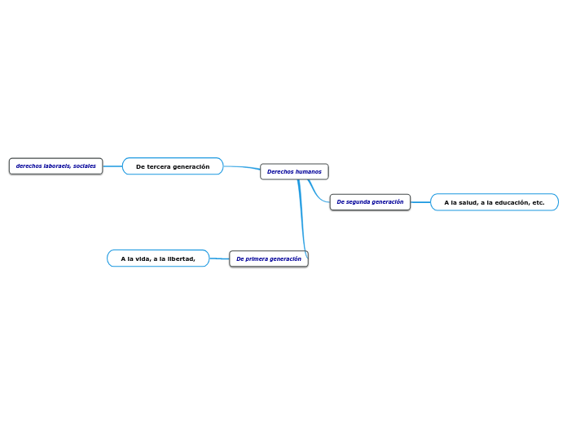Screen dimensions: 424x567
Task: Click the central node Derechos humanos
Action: pyautogui.click(x=294, y=171)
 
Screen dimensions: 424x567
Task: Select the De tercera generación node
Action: pyautogui.click(x=173, y=166)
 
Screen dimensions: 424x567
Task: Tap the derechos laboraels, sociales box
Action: pyautogui.click(x=55, y=166)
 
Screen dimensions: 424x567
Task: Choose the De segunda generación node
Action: pyautogui.click(x=370, y=202)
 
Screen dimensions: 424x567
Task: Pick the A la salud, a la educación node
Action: pyautogui.click(x=494, y=202)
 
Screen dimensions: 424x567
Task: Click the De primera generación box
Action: pyautogui.click(x=269, y=258)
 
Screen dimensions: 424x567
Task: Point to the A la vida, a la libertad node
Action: pyautogui.click(x=158, y=258)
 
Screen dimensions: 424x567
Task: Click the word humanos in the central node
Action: pyautogui.click(x=309, y=171)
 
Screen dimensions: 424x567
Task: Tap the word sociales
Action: pyautogui.click(x=84, y=166)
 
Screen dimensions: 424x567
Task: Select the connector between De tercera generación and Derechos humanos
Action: pyautogui.click(x=242, y=168)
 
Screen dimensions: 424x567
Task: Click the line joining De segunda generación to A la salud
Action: pyautogui.click(x=420, y=202)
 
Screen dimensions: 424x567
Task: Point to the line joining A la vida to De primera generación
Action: pyautogui.click(x=219, y=258)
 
